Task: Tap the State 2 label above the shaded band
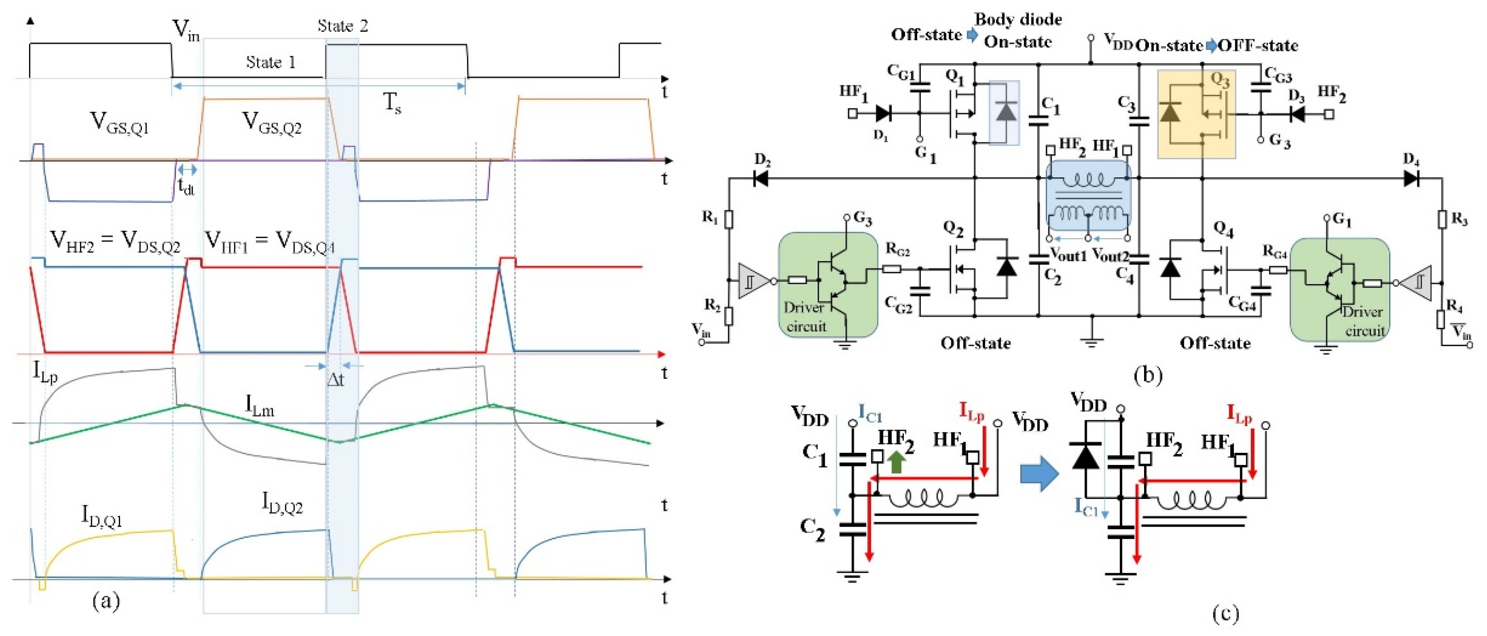click(343, 25)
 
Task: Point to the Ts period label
click(393, 104)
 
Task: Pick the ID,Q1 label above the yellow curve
click(102, 515)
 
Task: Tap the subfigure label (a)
click(106, 601)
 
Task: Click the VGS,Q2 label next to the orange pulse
click(272, 123)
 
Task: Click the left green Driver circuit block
click(828, 285)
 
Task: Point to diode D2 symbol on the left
click(761, 179)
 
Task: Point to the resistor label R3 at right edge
click(1459, 219)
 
